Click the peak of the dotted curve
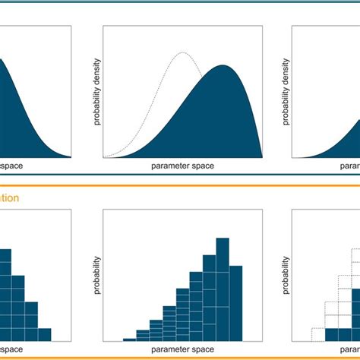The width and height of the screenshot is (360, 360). (x=181, y=53)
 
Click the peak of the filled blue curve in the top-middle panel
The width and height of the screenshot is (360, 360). (x=223, y=66)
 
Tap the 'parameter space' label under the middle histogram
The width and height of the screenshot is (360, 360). (x=183, y=351)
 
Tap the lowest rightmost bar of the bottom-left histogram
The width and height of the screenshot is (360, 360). (x=44, y=333)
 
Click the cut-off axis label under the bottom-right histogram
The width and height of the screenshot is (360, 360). (x=350, y=351)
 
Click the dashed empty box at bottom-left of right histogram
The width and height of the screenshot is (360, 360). (x=317, y=333)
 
